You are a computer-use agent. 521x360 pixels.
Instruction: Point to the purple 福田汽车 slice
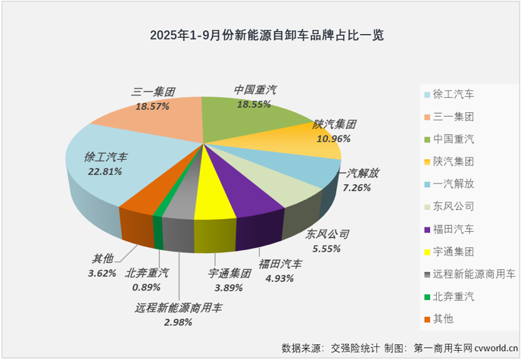point(242,193)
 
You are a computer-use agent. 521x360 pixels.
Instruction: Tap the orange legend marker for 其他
point(427,318)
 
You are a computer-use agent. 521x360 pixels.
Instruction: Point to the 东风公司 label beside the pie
point(327,234)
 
